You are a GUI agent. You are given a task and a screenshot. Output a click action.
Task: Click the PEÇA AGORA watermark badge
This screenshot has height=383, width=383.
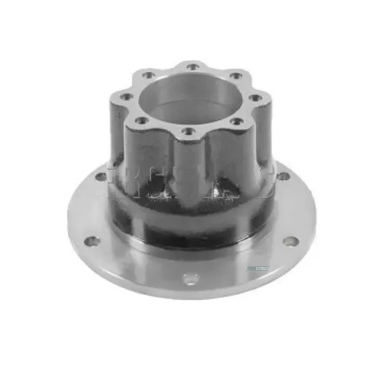pos(258,269)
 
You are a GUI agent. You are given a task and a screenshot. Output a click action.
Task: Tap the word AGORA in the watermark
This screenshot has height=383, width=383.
pos(262,269)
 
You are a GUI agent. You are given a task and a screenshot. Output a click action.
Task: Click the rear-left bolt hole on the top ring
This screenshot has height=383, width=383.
pos(148,75)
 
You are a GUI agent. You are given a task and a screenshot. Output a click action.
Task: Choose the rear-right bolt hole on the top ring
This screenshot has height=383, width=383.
pos(235,76)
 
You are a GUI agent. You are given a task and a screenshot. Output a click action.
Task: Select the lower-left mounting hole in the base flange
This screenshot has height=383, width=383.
pos(92,241)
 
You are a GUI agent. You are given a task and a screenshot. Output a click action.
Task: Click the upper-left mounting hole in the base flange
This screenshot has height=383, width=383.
pos(101,176)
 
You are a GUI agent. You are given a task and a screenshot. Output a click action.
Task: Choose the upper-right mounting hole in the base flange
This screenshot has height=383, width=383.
pos(283,176)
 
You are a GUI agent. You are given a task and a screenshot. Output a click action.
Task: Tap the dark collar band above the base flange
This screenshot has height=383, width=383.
pos(191,223)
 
